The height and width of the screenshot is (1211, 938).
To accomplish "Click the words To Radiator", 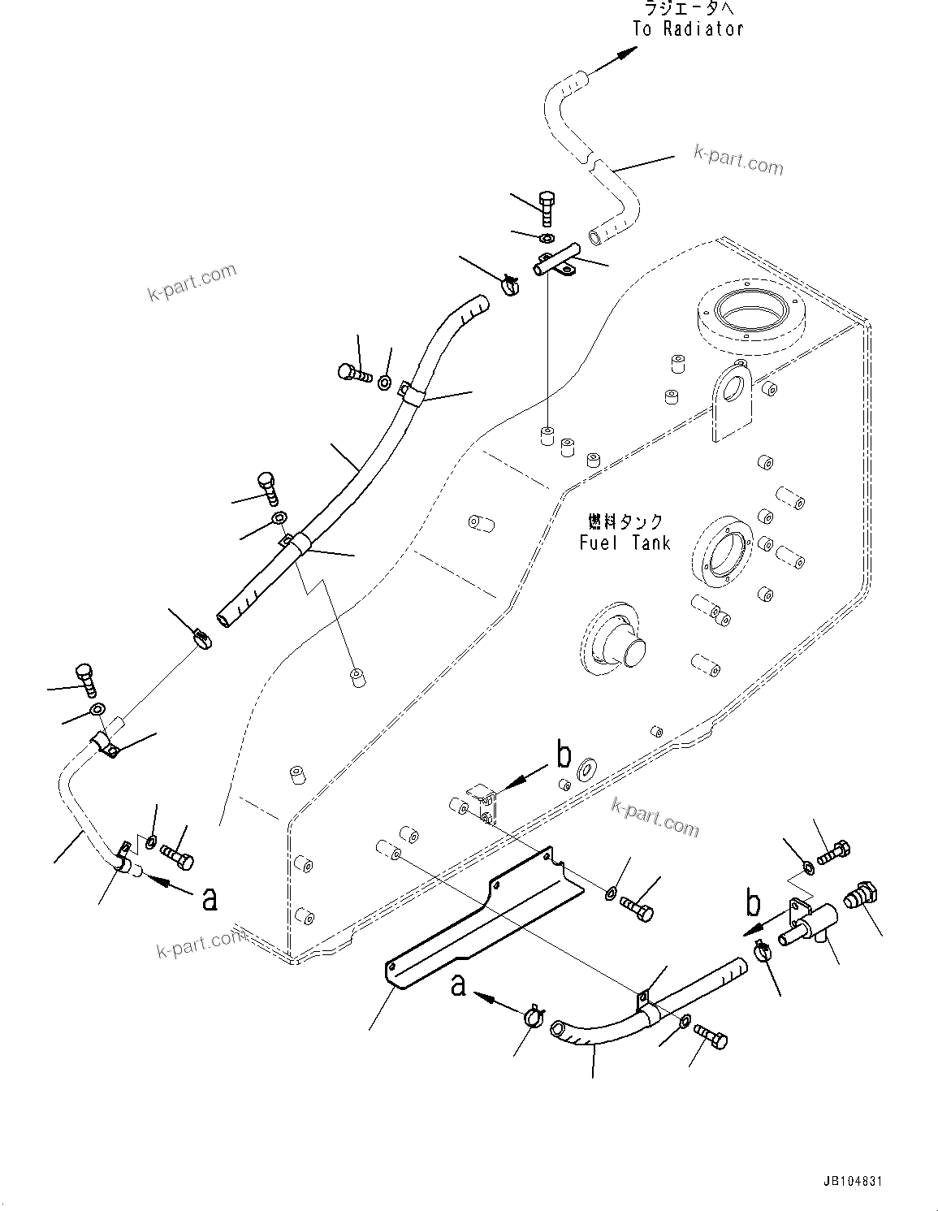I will pyautogui.click(x=688, y=28).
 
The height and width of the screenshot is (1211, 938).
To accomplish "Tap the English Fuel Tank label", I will pyautogui.click(x=625, y=543).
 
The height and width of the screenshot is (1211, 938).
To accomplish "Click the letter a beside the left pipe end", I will pyautogui.click(x=210, y=898).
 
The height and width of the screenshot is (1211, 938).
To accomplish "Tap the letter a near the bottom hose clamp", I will pyautogui.click(x=459, y=986).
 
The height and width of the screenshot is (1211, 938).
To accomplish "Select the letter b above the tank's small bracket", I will pyautogui.click(x=564, y=755).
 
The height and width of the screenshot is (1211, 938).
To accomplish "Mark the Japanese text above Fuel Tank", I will pyautogui.click(x=625, y=521).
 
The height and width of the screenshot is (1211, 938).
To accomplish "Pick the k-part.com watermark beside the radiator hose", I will pyautogui.click(x=738, y=161).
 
